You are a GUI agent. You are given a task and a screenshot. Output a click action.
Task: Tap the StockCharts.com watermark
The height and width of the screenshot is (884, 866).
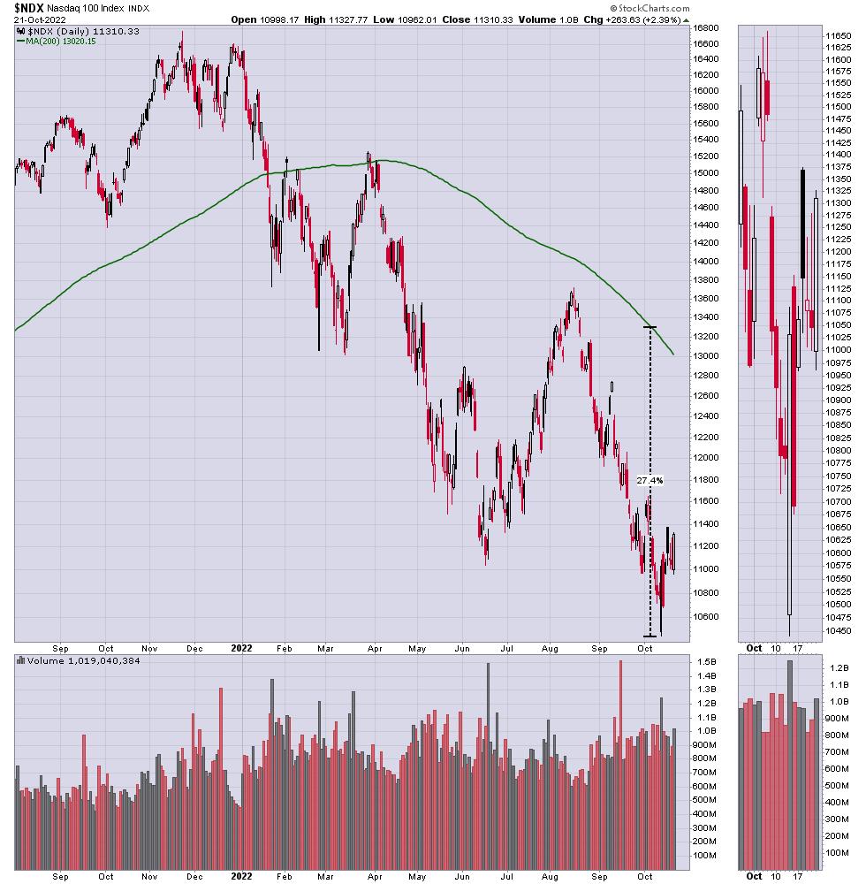650,7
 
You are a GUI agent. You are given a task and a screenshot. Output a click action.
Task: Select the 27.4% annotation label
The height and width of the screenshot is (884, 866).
649,481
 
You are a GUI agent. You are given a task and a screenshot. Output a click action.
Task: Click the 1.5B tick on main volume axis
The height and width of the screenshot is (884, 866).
703,662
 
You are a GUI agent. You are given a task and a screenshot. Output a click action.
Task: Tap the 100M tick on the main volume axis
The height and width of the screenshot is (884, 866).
705,856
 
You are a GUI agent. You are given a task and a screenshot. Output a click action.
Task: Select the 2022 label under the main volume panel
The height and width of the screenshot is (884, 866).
242,876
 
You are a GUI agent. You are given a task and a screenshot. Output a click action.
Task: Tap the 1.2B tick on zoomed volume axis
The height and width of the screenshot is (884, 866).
839,669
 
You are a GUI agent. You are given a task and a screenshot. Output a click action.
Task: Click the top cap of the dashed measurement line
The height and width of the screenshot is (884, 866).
649,328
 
